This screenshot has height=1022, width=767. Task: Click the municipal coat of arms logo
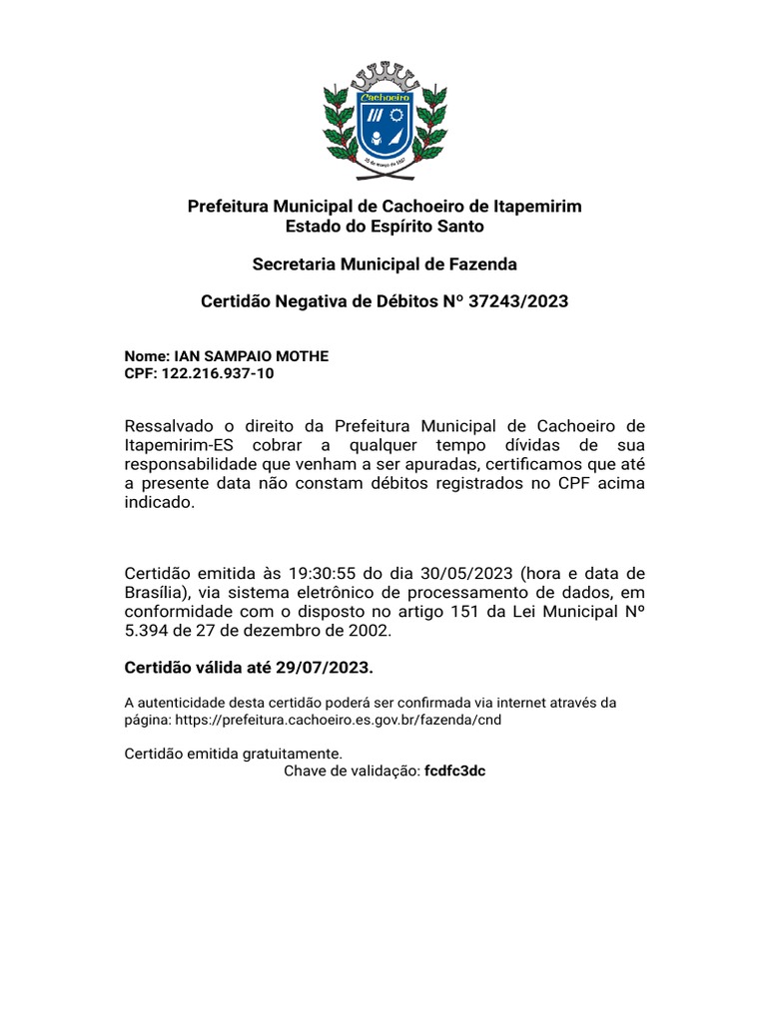384,119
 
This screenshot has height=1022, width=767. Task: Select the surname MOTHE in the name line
302,356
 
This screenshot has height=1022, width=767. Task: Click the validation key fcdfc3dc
454,771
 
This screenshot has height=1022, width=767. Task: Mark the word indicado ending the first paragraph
156,503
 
